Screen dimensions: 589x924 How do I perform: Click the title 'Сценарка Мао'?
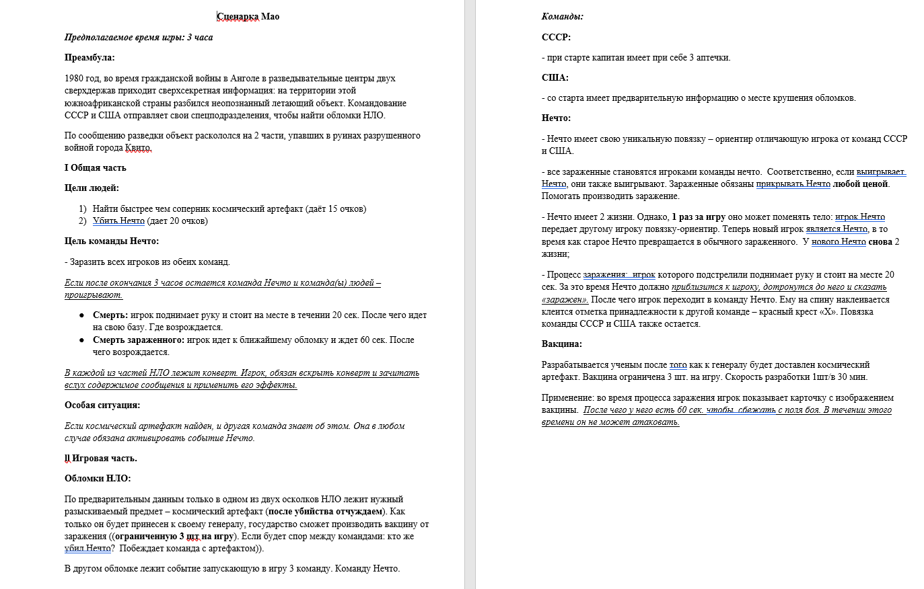tap(248, 17)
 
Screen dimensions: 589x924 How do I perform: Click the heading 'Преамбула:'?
tap(90, 58)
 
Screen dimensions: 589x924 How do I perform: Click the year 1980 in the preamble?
tap(74, 79)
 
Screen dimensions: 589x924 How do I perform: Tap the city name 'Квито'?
tap(138, 148)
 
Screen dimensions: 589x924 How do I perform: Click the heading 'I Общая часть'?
tap(96, 168)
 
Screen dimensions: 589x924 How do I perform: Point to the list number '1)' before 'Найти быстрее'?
tap(83, 209)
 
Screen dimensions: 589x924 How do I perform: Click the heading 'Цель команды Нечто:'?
tap(112, 241)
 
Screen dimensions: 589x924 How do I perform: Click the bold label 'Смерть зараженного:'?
tap(139, 340)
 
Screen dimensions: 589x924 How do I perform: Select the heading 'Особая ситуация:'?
tap(102, 405)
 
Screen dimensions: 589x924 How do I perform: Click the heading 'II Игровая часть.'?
tap(101, 459)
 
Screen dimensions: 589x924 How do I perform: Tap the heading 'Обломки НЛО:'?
tap(98, 479)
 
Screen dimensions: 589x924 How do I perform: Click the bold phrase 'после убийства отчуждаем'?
tap(325, 512)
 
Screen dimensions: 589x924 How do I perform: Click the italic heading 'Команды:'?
tap(563, 17)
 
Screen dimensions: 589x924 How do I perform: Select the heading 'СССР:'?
tap(556, 38)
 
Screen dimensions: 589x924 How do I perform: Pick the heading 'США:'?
tap(555, 78)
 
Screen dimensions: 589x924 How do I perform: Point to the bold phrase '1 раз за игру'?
tap(699, 217)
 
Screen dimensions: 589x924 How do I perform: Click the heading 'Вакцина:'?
tap(562, 344)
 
